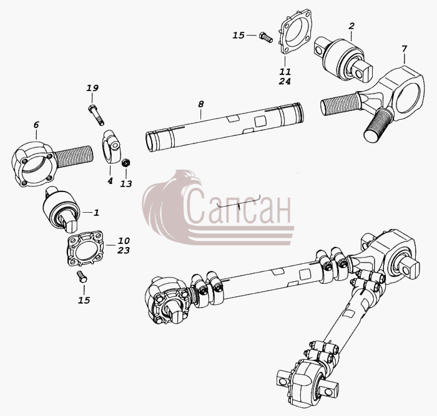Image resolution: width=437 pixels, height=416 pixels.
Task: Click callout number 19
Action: coord(92,89)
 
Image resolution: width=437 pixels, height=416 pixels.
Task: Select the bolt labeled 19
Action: coord(96,115)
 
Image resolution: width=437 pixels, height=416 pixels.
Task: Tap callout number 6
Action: coord(36,125)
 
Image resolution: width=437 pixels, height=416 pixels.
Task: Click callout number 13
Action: coord(126,184)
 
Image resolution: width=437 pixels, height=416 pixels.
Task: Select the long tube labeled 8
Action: coord(224,127)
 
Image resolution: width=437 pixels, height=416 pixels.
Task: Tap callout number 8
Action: coord(201,104)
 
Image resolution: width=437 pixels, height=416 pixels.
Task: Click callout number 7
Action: coord(404,49)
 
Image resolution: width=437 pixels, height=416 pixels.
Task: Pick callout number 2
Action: coord(351,26)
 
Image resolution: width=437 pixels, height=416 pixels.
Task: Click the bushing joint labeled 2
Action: coord(343,60)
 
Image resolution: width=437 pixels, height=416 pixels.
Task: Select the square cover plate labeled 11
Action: coord(295,32)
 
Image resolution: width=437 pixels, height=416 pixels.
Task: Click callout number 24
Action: coord(285,81)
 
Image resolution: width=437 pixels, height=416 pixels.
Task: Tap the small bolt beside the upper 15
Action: coord(265,37)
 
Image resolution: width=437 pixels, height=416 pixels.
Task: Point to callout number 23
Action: coord(124,250)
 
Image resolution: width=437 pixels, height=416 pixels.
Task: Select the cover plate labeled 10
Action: coord(86,248)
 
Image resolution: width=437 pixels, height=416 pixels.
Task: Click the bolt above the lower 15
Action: coord(82,277)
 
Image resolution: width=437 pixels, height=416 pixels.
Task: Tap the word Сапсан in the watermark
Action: coord(238,206)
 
